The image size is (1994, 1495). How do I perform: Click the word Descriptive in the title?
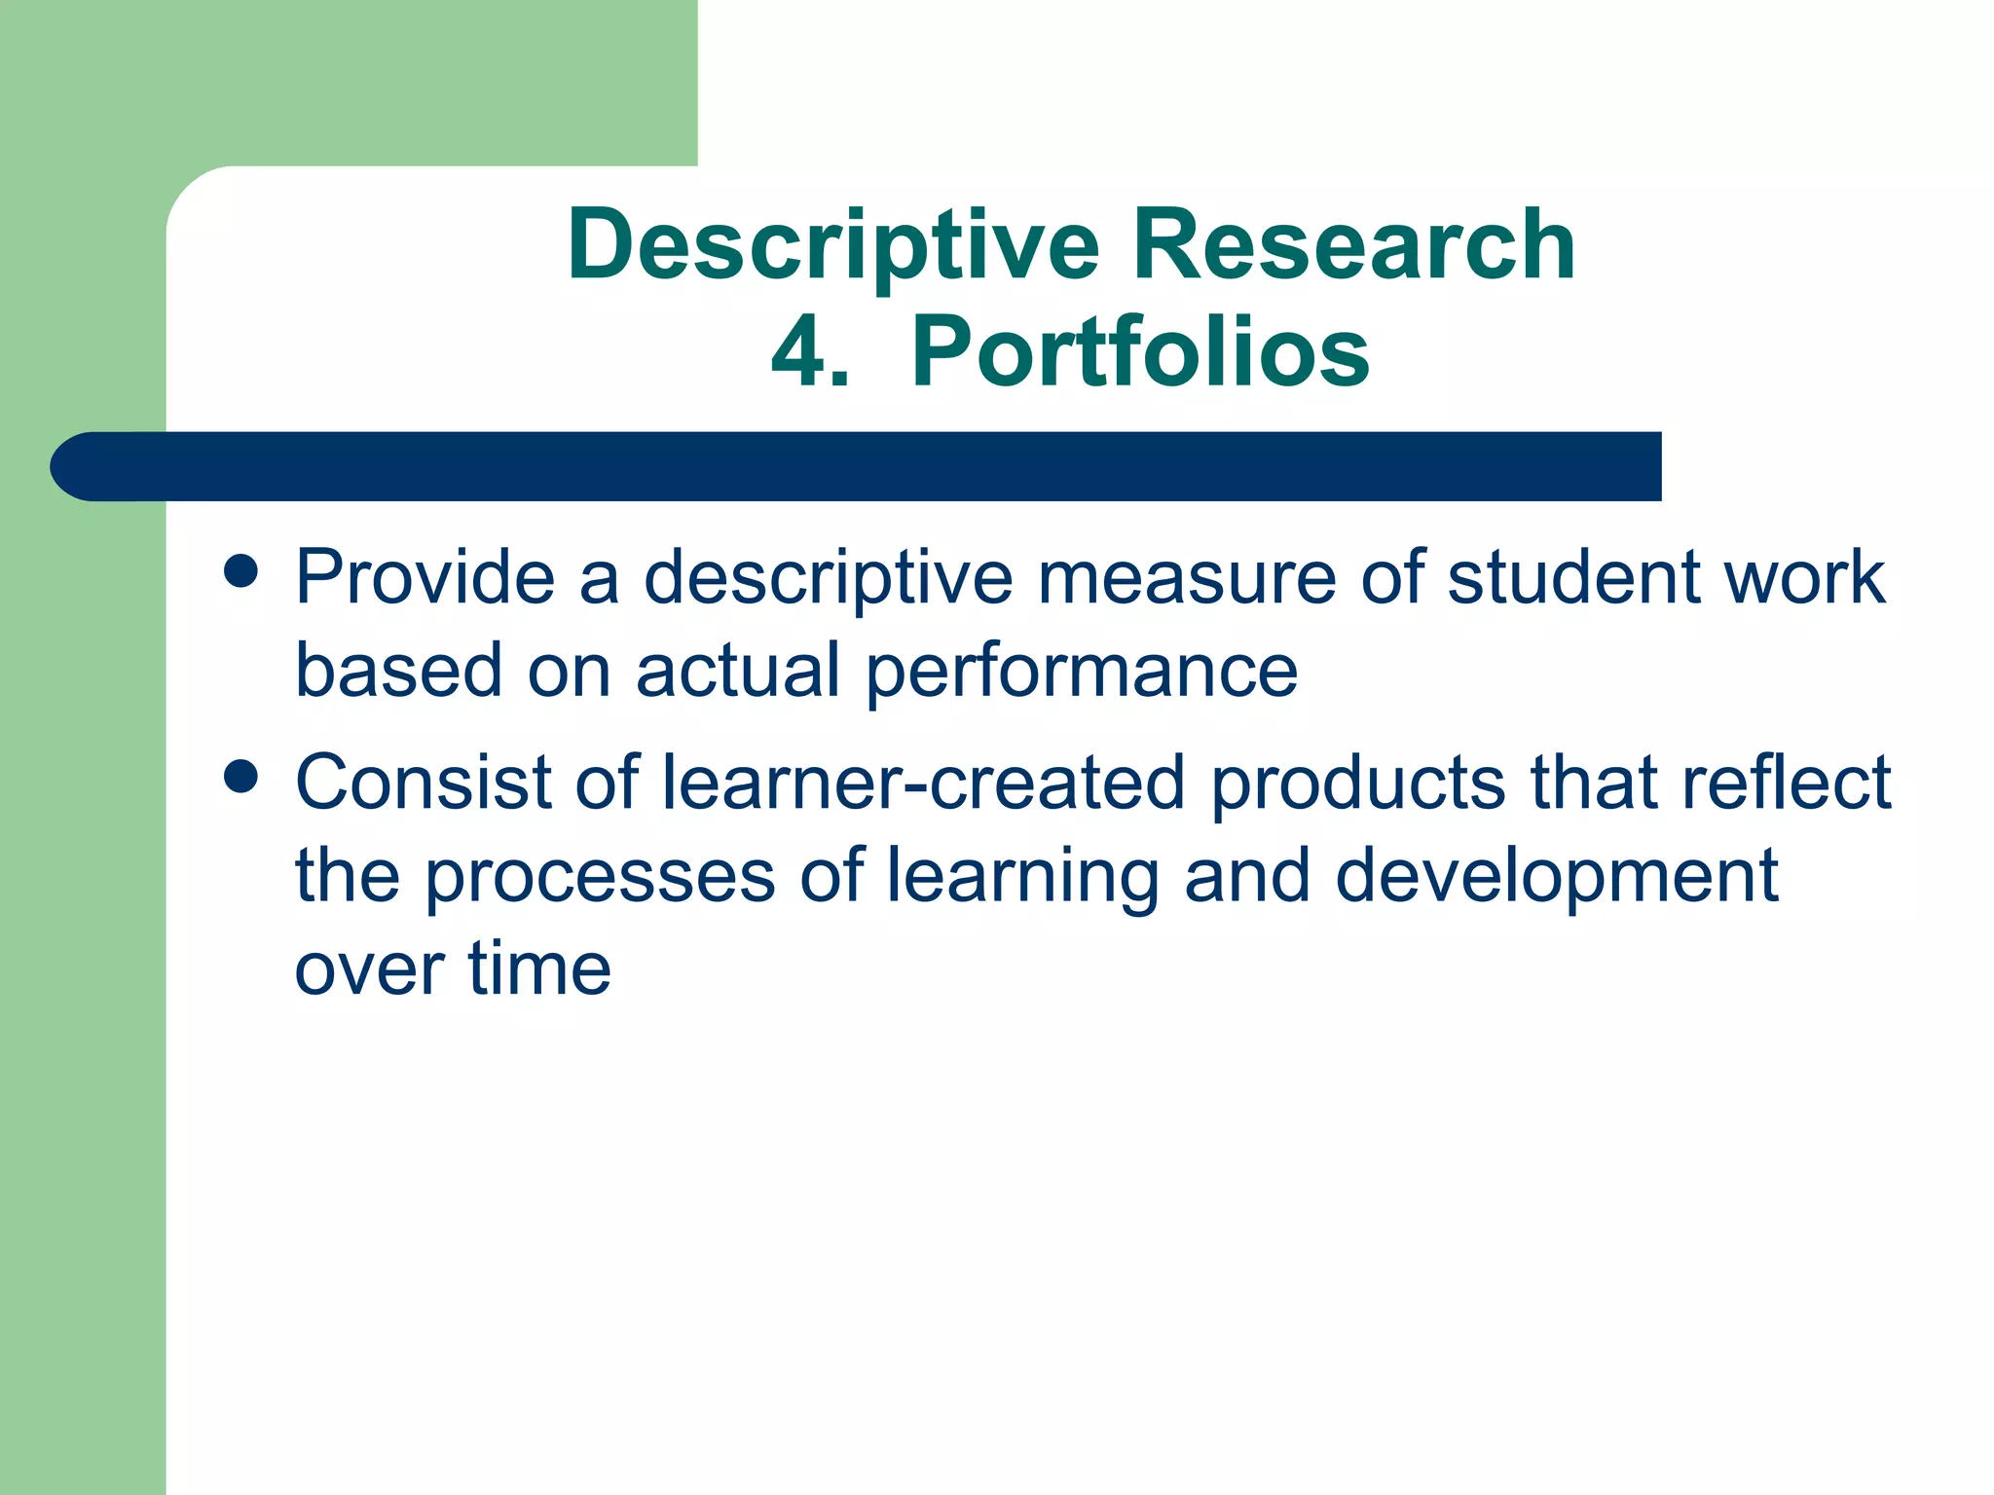point(832,247)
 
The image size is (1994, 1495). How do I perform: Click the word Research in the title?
point(1353,245)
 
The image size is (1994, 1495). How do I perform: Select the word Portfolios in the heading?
point(1140,353)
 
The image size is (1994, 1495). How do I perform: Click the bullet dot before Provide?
point(240,572)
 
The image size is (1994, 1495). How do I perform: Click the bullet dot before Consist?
point(240,777)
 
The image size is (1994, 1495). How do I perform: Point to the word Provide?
point(425,578)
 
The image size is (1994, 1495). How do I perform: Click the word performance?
point(1081,672)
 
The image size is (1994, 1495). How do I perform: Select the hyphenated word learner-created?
point(922,783)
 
